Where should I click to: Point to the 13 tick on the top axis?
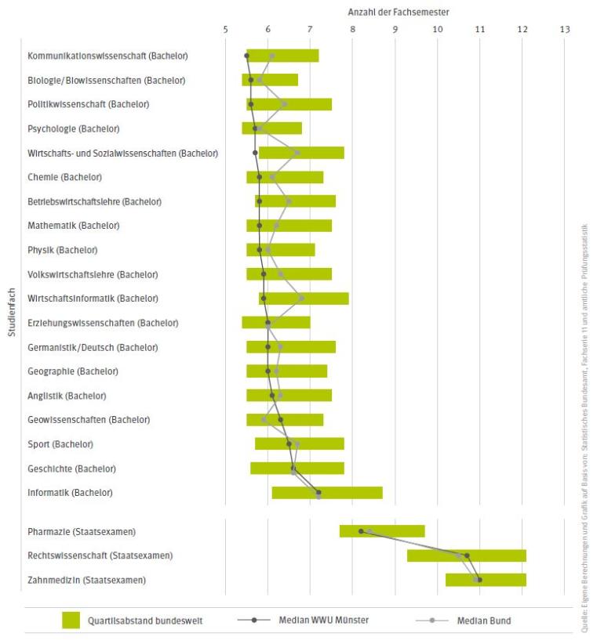(564, 30)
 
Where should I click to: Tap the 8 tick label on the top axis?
(352, 30)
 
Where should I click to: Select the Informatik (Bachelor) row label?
(70, 493)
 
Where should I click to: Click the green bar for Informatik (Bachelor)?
(327, 493)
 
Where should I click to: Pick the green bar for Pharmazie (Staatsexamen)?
(382, 531)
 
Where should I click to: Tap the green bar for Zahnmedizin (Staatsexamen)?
(486, 580)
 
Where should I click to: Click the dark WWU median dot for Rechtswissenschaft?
(467, 555)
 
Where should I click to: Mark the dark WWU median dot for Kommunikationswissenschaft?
(247, 56)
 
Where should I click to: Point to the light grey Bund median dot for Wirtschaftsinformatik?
(301, 298)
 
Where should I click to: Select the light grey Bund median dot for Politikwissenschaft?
(284, 104)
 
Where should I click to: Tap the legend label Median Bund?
(483, 621)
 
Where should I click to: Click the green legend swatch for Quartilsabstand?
(82, 620)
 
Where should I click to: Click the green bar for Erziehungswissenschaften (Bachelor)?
(276, 322)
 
